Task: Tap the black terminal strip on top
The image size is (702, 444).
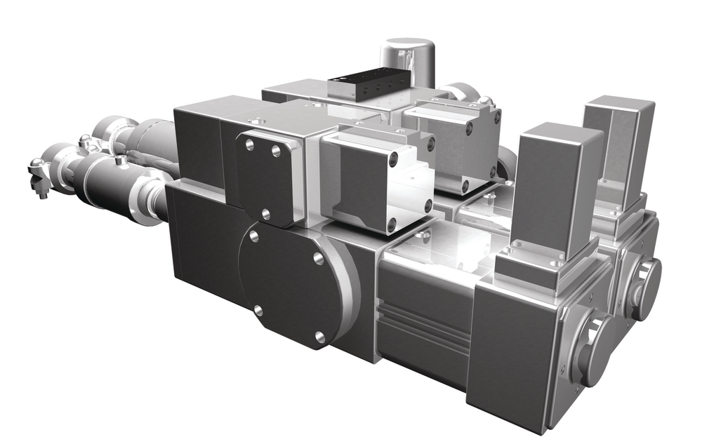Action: (368, 85)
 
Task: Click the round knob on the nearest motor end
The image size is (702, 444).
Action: (592, 350)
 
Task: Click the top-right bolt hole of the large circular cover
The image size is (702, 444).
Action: (317, 259)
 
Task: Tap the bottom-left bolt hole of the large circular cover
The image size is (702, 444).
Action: (258, 309)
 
